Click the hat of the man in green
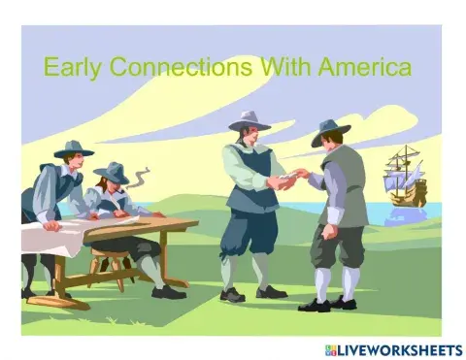[330, 133]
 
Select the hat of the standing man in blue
[250, 121]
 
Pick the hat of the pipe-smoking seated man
[113, 173]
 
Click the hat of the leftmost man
[72, 148]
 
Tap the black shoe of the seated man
[168, 292]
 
